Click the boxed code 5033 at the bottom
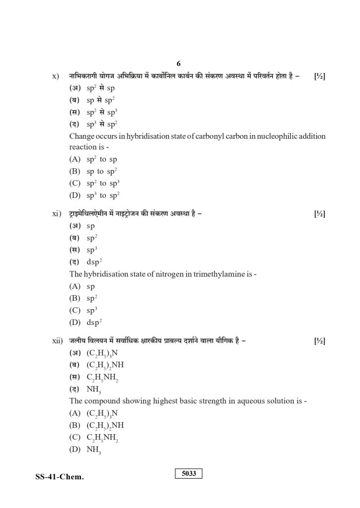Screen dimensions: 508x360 (189, 473)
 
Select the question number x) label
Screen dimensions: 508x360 (56, 76)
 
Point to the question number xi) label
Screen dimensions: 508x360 (56, 214)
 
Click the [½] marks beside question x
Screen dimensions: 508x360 (320, 76)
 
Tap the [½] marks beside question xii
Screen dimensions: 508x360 (320, 341)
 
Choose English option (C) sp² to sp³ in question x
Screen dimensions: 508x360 (95, 183)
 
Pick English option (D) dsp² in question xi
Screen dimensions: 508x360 (84, 322)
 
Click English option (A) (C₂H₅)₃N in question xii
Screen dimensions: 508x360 (94, 413)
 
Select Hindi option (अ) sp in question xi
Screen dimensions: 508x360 (82, 226)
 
